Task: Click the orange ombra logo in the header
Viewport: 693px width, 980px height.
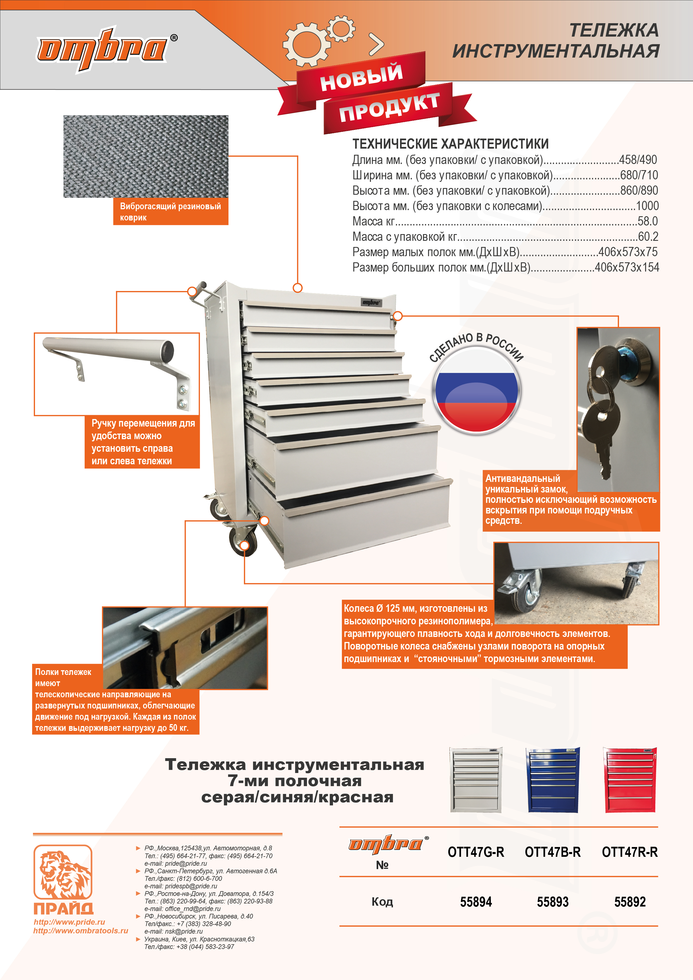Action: pyautogui.click(x=103, y=49)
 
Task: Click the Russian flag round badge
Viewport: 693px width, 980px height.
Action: pyautogui.click(x=476, y=391)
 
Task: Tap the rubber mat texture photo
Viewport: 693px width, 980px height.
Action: pyautogui.click(x=146, y=156)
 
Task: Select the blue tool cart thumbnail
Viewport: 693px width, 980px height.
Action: pyautogui.click(x=553, y=780)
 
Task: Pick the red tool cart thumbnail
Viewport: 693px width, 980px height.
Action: pyautogui.click(x=630, y=780)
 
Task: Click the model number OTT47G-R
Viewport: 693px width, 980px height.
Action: pyautogui.click(x=476, y=852)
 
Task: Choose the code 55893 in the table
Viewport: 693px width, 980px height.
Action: pyautogui.click(x=553, y=901)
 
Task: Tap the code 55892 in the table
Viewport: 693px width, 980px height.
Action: pyautogui.click(x=630, y=901)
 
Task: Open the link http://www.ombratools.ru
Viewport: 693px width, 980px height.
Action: pyautogui.click(x=81, y=931)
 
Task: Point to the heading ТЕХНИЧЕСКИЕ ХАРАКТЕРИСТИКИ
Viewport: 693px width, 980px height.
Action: pyautogui.click(x=450, y=144)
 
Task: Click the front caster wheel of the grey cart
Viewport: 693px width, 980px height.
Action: pyautogui.click(x=244, y=541)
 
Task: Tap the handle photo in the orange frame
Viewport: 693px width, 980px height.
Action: pyautogui.click(x=116, y=374)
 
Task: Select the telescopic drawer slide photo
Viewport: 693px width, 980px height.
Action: pyautogui.click(x=185, y=648)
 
